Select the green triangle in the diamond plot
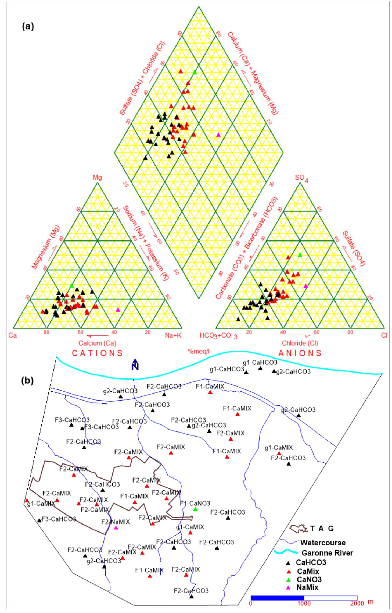195,72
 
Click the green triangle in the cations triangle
72,286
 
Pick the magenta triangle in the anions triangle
305,286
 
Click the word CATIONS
97,353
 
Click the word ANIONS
300,353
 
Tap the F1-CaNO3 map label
195,503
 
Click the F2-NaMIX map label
116,522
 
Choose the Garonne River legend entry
327,553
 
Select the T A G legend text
322,529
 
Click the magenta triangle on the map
116,528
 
